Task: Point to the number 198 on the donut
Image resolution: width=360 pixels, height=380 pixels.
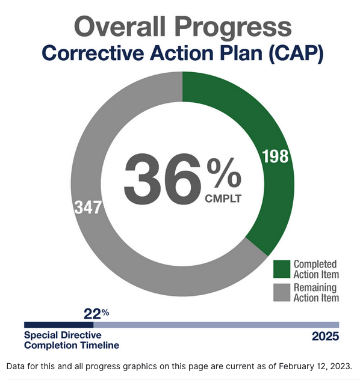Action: point(276,157)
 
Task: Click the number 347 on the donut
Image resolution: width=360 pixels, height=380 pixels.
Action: point(88,207)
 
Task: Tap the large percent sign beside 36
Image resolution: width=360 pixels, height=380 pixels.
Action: point(223,173)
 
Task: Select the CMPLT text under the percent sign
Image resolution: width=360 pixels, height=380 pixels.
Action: point(223,198)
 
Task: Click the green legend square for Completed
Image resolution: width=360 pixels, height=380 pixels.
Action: point(281,268)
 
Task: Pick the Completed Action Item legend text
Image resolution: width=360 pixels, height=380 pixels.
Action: point(315,269)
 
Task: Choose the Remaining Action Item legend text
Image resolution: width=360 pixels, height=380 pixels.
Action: point(316,293)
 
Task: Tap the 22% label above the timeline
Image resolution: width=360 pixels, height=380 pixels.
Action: point(96,313)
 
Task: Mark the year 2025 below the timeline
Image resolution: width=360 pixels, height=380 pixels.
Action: point(325,337)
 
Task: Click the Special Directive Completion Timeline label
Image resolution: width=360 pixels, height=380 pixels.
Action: point(71,340)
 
